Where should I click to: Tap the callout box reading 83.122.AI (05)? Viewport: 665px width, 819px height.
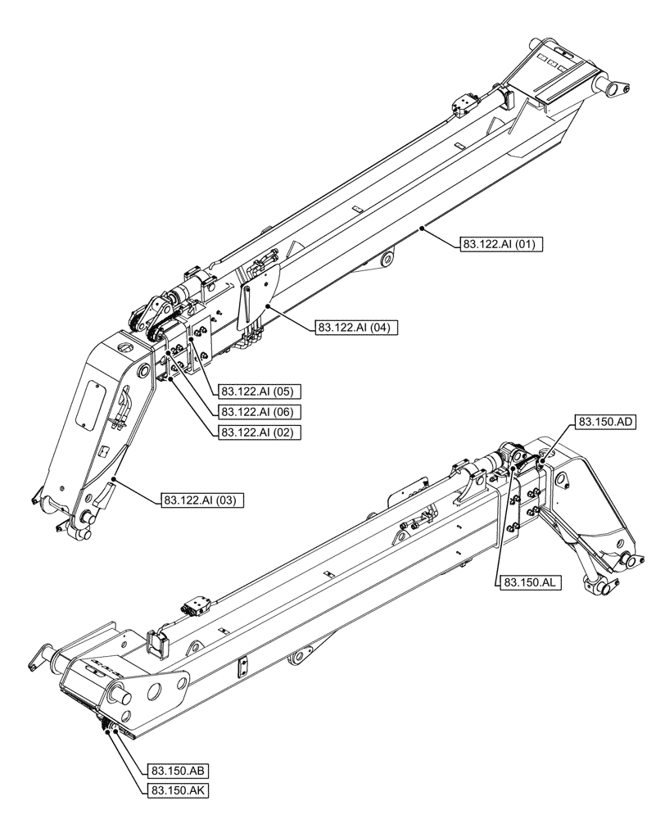(x=257, y=391)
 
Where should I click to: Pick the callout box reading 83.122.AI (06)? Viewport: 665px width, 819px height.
(x=257, y=412)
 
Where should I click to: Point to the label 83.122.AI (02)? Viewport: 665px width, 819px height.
(x=257, y=432)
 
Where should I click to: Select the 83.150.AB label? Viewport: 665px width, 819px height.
(x=178, y=771)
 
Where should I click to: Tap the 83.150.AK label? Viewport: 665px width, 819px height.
(x=178, y=790)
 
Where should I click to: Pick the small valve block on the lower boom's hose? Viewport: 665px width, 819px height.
(x=197, y=607)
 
